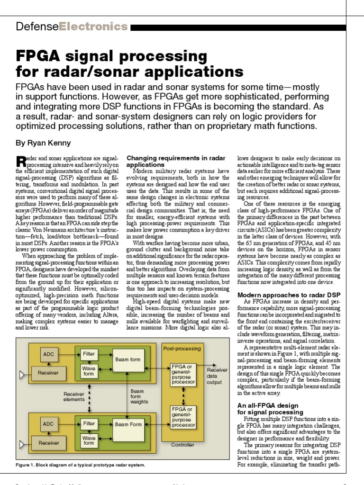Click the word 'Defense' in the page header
(37, 27)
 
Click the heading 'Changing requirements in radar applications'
(176, 161)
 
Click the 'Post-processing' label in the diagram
(182, 348)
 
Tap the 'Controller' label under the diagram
(182, 445)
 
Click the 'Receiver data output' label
(217, 376)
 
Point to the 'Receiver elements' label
(74, 396)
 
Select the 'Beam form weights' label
(139, 396)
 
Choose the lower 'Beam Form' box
(128, 424)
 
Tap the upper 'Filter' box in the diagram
(89, 353)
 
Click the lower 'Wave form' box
(89, 440)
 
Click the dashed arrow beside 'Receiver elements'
(89, 397)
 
